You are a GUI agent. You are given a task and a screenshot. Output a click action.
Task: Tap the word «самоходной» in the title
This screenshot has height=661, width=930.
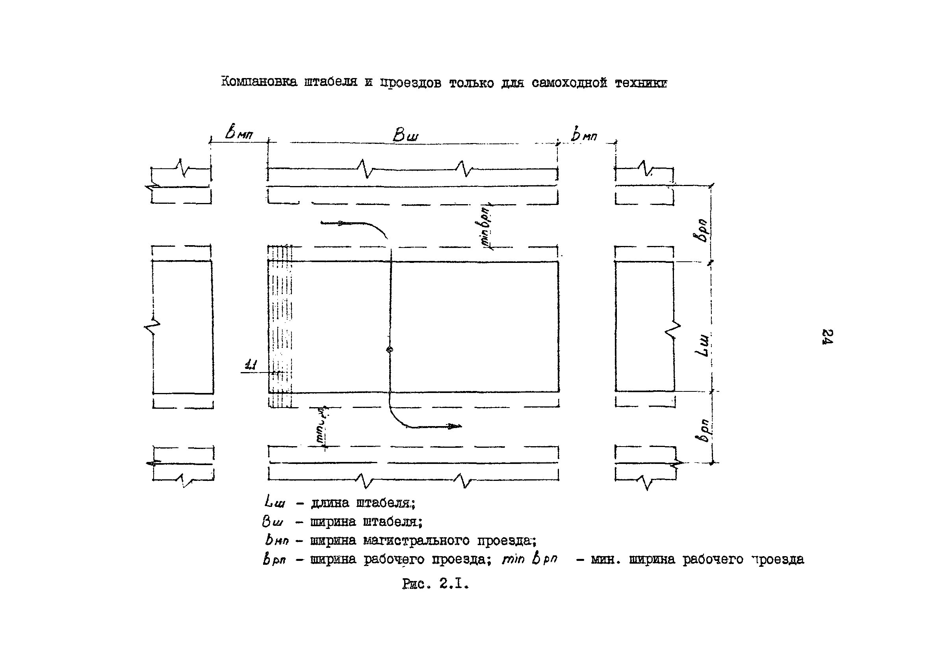coord(569,84)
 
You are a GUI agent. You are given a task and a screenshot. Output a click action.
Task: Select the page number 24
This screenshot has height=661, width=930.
coord(827,337)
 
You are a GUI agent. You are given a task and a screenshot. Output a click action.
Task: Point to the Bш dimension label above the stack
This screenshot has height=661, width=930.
coord(405,136)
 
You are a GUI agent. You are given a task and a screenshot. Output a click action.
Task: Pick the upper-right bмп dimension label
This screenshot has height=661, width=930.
coord(584,135)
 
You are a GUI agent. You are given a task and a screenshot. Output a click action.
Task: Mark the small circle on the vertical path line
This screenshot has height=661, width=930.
coord(390,349)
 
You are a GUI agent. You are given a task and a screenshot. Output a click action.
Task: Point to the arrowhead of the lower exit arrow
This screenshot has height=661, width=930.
coord(455,426)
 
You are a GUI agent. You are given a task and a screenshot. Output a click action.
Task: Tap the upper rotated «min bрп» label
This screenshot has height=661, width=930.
coord(486,225)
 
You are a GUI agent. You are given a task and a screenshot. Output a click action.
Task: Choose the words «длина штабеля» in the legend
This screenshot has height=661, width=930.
coord(362,503)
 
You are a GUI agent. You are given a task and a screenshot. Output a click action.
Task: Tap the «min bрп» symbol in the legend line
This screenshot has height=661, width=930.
coord(529,560)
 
